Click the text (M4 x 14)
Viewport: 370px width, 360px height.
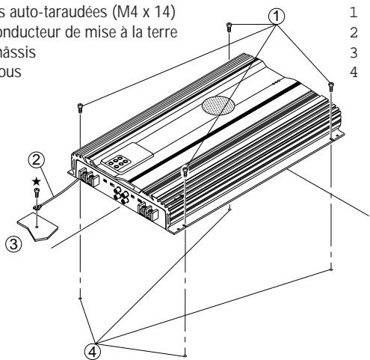coord(149,13)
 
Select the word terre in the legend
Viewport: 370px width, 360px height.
coord(162,33)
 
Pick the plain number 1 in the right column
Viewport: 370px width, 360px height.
coord(352,13)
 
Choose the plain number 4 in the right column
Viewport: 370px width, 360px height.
coord(352,73)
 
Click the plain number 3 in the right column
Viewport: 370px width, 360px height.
coord(352,53)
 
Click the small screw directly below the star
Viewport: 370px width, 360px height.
coord(34,196)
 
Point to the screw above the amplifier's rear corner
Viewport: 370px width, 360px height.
coord(226,28)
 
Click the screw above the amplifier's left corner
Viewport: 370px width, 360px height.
coord(79,109)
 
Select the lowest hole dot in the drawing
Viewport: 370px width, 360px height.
coord(185,355)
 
